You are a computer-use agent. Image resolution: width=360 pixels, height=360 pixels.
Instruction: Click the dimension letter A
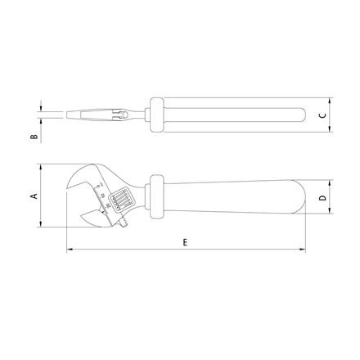[x=34, y=196]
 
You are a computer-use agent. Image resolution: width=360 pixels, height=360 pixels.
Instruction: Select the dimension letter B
[x=34, y=137]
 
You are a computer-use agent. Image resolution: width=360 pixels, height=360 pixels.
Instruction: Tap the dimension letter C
[x=322, y=115]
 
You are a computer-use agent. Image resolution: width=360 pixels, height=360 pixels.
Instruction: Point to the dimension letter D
[x=322, y=197]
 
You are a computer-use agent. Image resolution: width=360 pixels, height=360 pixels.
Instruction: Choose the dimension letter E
[x=185, y=242]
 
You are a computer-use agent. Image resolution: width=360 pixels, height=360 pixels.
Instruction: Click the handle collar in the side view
[x=156, y=196]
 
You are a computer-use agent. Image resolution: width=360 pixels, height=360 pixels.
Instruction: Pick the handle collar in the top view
[x=157, y=115]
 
